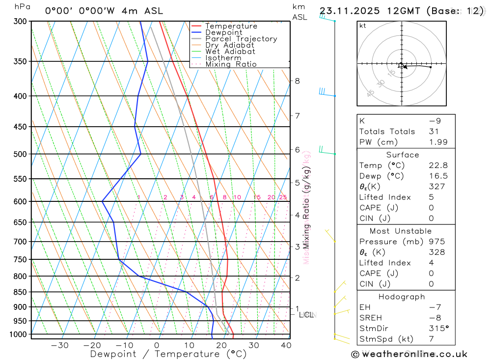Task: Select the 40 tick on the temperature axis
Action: point(286,345)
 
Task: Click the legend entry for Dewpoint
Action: point(223,32)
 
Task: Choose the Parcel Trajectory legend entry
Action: point(241,39)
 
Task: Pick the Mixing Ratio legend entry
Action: point(231,64)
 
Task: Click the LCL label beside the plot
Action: point(306,314)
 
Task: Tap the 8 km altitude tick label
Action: point(297,81)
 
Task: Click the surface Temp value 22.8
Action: point(438,166)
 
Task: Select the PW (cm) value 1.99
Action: point(438,142)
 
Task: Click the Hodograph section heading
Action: point(402,297)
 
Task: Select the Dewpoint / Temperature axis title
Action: point(168,354)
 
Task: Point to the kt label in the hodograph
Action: point(363,26)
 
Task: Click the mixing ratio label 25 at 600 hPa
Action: point(283,197)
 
